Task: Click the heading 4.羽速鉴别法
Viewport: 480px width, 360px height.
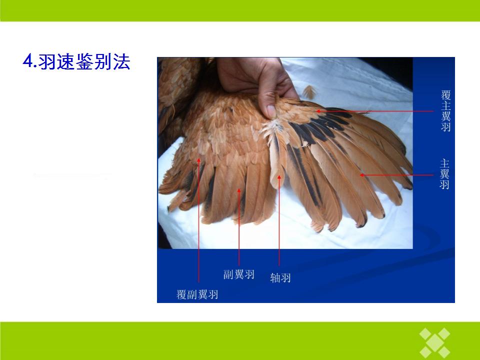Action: [x=76, y=61]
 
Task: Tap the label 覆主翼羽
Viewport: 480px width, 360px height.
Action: [x=445, y=110]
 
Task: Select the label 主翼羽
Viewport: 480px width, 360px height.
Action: [x=444, y=174]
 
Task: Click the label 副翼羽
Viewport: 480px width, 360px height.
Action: [x=239, y=274]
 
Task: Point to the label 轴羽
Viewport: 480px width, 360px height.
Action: [x=280, y=277]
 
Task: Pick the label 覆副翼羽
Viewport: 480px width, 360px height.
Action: [x=197, y=294]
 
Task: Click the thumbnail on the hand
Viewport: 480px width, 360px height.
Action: [x=270, y=111]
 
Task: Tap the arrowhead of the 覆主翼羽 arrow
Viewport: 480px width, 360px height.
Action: [x=318, y=111]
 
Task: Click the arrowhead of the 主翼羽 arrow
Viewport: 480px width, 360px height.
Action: [x=362, y=175]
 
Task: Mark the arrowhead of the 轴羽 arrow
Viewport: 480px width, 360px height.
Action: [x=279, y=177]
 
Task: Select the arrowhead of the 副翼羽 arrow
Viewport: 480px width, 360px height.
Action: [x=239, y=190]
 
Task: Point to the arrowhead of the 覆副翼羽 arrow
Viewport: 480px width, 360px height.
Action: [x=198, y=160]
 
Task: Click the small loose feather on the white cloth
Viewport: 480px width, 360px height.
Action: [x=309, y=92]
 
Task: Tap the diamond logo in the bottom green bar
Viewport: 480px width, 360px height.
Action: [x=435, y=343]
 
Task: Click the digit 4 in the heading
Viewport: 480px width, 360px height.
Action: [x=27, y=61]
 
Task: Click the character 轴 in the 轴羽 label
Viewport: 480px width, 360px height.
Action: [x=275, y=277]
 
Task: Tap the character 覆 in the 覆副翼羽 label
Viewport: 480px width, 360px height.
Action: [x=181, y=294]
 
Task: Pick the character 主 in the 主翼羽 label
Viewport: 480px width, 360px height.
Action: [x=444, y=163]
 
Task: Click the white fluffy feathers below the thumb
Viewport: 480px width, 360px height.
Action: [x=273, y=128]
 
